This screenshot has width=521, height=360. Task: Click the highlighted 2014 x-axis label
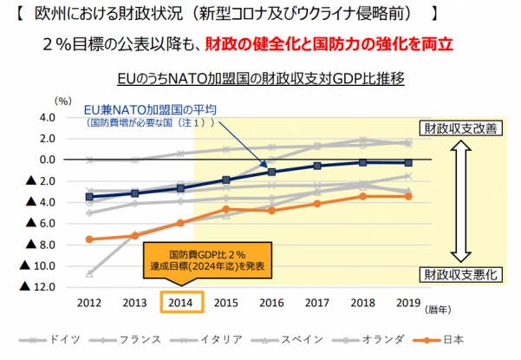tap(182, 303)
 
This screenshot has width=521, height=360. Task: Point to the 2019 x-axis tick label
tap(408, 303)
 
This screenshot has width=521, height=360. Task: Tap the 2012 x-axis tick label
tap(90, 303)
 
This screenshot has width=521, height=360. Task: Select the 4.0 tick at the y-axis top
tap(47, 117)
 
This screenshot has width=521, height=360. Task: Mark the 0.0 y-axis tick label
tap(47, 160)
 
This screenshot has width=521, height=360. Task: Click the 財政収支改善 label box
tap(459, 129)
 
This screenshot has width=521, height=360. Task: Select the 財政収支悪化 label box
tap(459, 274)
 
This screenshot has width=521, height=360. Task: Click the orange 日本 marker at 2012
tap(90, 239)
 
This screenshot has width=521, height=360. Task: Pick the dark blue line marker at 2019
tap(408, 162)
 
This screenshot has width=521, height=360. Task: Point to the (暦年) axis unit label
tap(439, 307)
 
